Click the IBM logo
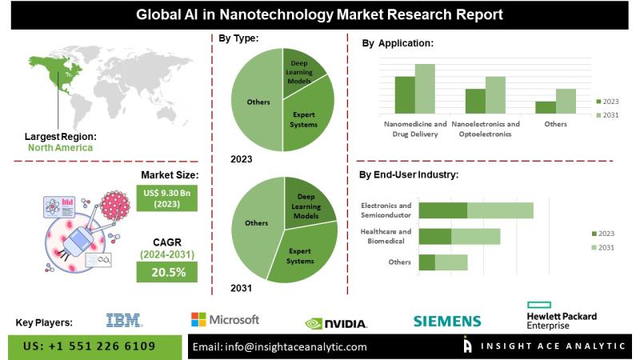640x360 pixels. coord(124,321)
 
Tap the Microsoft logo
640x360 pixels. coord(225,320)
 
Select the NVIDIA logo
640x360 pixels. coord(336,323)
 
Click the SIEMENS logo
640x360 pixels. coord(446,322)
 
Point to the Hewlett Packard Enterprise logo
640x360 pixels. coord(562,315)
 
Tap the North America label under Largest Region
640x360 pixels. coord(60,147)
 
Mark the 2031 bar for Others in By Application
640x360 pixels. coord(566,101)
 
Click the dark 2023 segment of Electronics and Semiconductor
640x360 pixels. coord(443,210)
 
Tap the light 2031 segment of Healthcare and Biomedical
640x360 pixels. coord(476,236)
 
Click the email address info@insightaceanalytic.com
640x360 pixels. coord(280,347)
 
